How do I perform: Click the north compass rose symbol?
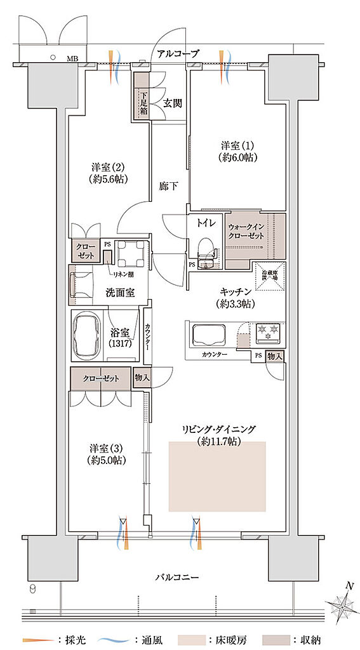(x=345, y=604)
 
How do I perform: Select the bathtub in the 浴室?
(x=88, y=333)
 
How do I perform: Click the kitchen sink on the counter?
(x=211, y=333)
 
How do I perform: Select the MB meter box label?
(x=73, y=60)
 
